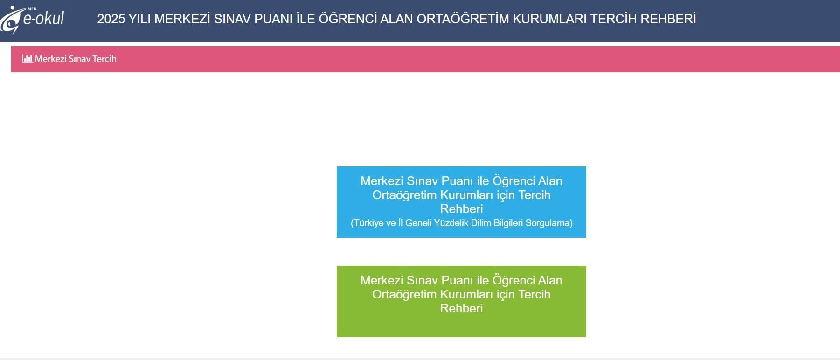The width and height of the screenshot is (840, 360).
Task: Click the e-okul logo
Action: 32,19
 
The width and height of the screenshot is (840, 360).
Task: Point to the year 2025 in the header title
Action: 111,19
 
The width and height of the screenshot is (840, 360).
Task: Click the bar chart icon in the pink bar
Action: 27,59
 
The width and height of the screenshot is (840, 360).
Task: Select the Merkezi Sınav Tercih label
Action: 76,59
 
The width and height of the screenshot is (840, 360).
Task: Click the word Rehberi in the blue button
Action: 461,209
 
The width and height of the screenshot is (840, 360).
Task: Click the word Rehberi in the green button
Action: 461,308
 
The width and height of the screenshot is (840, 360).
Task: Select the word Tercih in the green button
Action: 535,294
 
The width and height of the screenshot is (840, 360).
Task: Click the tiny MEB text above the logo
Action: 32,8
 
